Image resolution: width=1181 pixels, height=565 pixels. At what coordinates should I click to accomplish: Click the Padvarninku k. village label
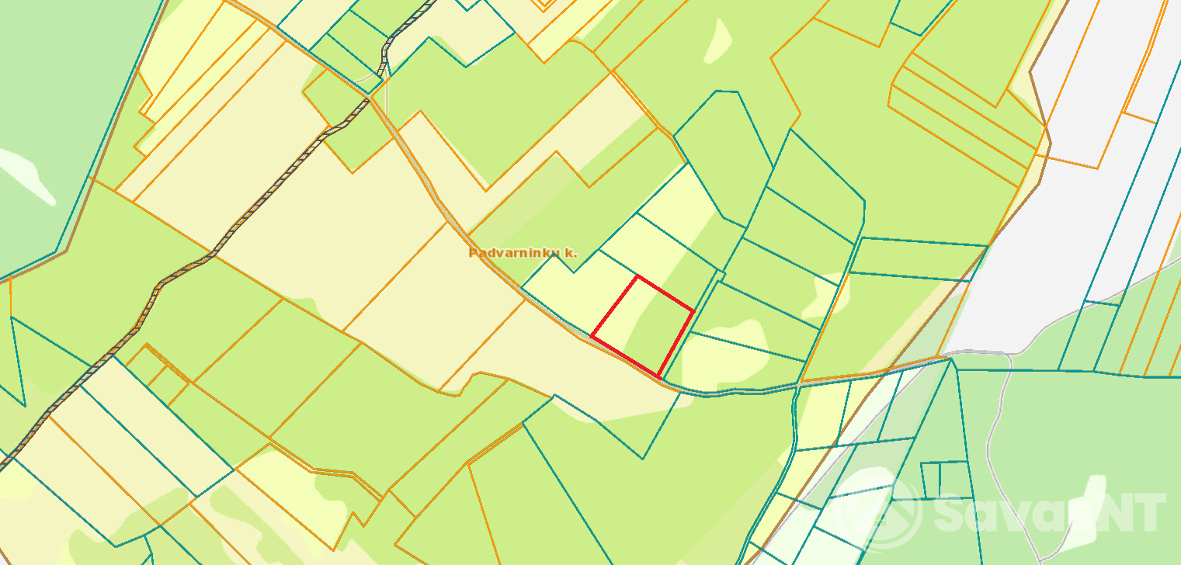tap(523, 252)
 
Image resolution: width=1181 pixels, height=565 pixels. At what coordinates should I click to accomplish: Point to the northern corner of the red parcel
tap(637, 276)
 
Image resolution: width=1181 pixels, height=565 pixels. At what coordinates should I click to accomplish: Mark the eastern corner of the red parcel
tap(693, 311)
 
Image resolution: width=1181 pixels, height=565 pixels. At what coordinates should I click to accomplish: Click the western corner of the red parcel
tap(592, 337)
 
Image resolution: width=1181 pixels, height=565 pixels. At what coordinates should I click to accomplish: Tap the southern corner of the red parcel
tap(658, 377)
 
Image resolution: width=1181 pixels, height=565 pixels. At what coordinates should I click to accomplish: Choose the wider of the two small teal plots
tap(955, 479)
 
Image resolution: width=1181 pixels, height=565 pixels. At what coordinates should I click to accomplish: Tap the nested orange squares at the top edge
tap(545, 3)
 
